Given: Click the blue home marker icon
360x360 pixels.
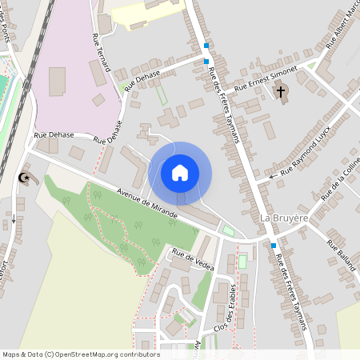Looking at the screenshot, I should click(180, 172).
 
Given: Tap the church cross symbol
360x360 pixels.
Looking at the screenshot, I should click(281, 93).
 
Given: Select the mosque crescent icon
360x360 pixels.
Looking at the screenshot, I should click(25, 178).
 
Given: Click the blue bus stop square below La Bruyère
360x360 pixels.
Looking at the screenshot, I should click(274, 245).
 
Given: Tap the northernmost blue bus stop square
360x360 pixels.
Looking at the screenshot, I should click(206, 46).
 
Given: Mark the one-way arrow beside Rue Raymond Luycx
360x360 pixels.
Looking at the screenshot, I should click(272, 175).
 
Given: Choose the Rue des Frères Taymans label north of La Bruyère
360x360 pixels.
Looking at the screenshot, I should click(224, 104).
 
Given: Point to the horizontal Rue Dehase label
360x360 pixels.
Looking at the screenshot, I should click(55, 135).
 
